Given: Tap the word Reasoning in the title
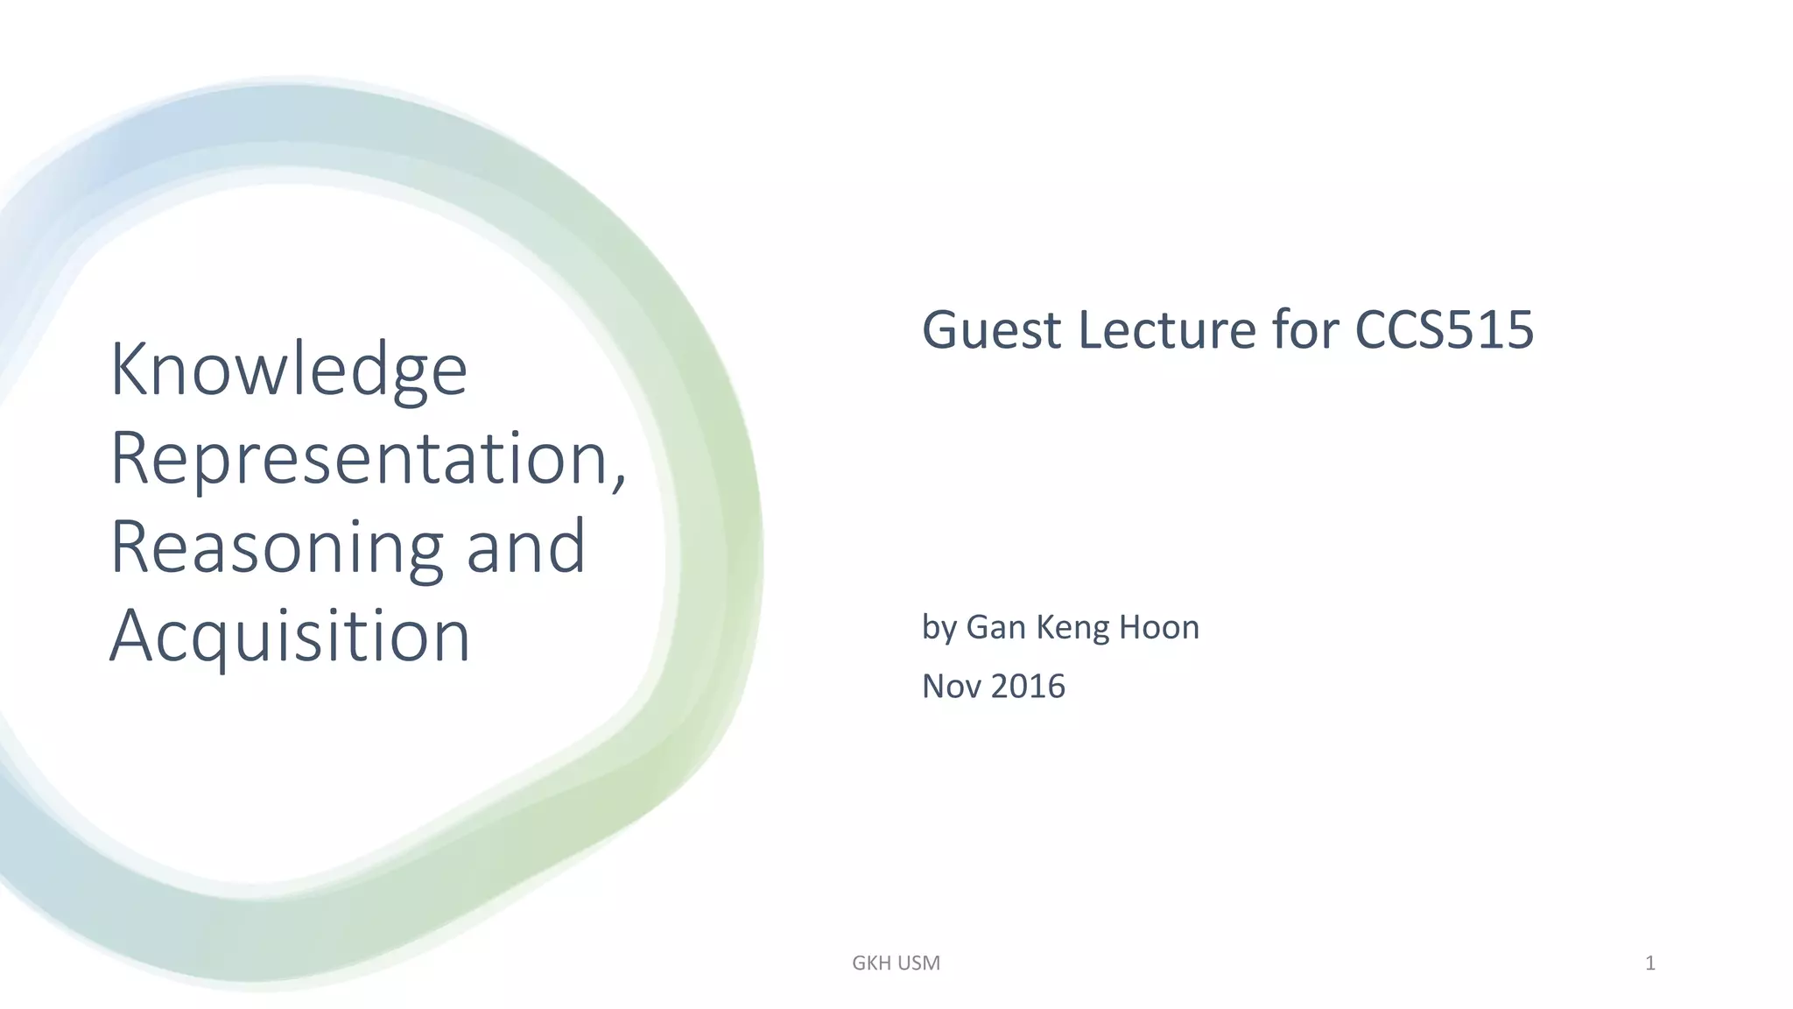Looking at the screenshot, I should coord(277,548).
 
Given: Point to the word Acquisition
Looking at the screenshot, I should coord(290,636).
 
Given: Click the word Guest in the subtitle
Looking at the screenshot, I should coord(992,330).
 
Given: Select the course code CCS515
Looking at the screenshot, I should coord(1444,330).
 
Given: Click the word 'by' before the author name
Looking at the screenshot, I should coord(939,629).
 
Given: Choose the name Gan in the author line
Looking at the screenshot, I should coord(995,628).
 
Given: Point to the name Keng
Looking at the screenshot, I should coord(1072,629).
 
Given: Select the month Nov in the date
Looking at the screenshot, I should coord(952,687).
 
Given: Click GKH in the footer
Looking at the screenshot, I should coord(871,963).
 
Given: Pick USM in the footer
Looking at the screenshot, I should coord(918,963).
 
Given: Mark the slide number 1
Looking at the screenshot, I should coord(1650,963).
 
